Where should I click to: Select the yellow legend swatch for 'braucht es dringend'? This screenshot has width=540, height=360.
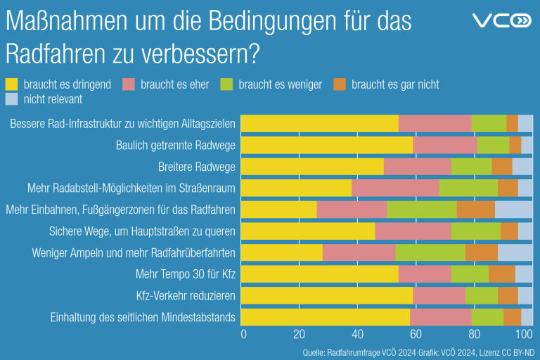(x=12, y=84)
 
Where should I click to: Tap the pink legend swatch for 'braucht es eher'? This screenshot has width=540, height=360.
(x=129, y=84)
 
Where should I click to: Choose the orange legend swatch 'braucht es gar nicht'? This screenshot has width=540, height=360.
(x=340, y=84)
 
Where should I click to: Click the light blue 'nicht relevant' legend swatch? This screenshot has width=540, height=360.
(x=12, y=99)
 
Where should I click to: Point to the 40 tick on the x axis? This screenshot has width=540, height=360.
(x=358, y=334)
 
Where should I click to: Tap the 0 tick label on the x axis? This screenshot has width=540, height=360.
(x=244, y=334)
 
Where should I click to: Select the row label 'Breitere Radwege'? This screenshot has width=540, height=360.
(x=196, y=167)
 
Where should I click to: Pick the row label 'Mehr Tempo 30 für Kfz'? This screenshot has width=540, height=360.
(x=185, y=274)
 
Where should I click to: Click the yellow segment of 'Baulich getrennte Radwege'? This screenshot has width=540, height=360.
(x=326, y=145)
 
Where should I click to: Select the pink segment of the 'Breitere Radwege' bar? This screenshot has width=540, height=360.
(x=417, y=167)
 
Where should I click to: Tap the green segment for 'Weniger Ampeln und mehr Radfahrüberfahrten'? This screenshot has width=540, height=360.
(x=430, y=252)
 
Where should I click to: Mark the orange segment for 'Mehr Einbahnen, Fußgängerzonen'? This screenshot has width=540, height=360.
(x=475, y=210)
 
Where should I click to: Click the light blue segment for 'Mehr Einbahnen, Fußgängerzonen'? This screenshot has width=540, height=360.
(x=513, y=210)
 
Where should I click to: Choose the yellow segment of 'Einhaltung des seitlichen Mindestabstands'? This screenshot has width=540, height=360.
(x=325, y=317)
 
